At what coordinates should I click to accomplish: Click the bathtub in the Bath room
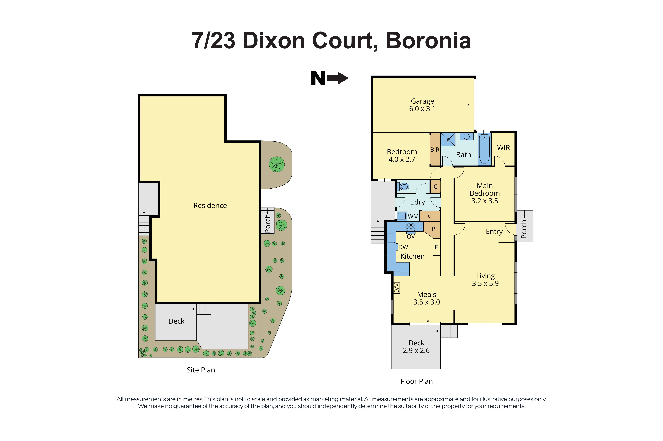pyautogui.click(x=484, y=149)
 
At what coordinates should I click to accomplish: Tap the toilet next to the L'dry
pyautogui.click(x=404, y=186)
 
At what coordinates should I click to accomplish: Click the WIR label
pyautogui.click(x=503, y=148)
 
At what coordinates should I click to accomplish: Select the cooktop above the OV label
pyautogui.click(x=411, y=227)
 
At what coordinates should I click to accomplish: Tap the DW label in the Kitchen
pyautogui.click(x=403, y=247)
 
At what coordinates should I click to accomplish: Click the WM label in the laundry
pyautogui.click(x=413, y=217)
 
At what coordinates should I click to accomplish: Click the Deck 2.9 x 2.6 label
pyautogui.click(x=416, y=347)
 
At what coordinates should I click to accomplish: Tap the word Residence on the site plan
pyautogui.click(x=210, y=206)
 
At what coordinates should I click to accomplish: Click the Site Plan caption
pyautogui.click(x=201, y=370)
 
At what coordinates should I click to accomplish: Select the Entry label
pyautogui.click(x=494, y=231)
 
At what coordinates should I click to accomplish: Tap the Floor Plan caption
pyautogui.click(x=416, y=381)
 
